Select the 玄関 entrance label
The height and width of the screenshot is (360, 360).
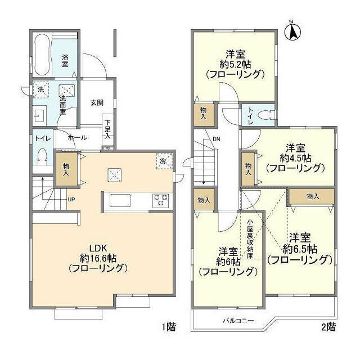tap(97, 103)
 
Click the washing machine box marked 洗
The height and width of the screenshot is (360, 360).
tap(41, 89)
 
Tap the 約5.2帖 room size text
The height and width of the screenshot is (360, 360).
tap(235, 64)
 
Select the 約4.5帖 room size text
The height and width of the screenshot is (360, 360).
tap(295, 158)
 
